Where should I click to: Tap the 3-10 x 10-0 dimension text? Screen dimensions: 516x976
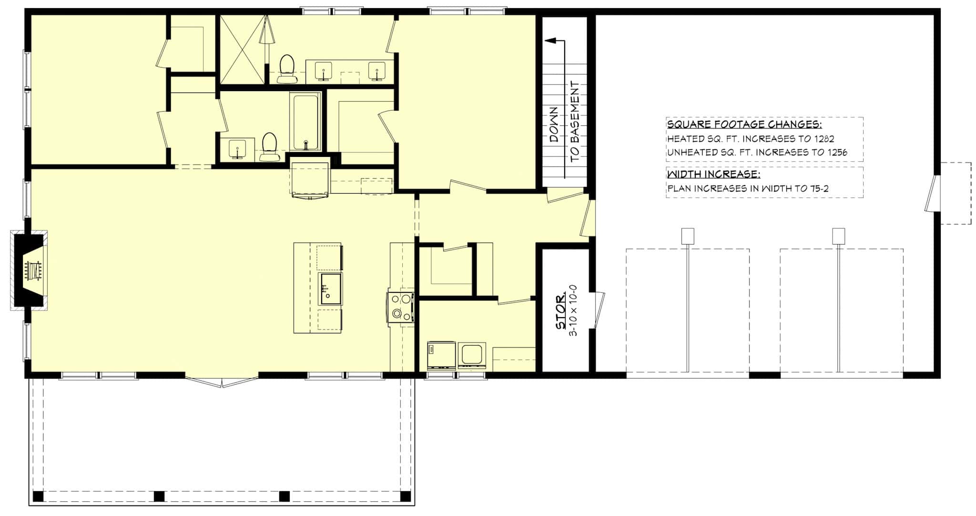click(574, 310)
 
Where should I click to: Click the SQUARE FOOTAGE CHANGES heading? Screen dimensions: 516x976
click(744, 125)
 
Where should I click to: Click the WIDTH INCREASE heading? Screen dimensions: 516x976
click(713, 174)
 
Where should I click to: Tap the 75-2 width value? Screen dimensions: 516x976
click(819, 188)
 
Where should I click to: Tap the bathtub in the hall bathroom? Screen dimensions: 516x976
click(305, 121)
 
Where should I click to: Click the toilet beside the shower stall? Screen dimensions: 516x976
click(287, 70)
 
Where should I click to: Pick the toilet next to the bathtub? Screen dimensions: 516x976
click(270, 146)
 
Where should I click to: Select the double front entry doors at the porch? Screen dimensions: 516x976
click(222, 382)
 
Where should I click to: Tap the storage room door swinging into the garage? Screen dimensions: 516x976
click(599, 310)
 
